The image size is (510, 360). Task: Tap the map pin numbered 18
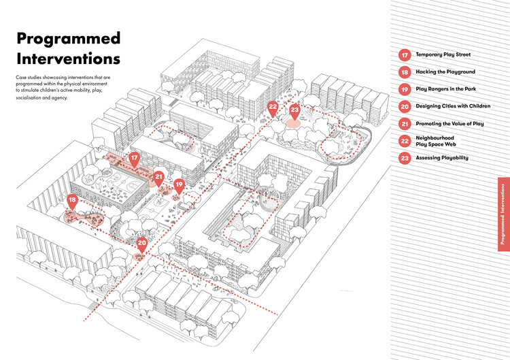click(x=72, y=201)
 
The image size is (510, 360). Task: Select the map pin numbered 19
click(x=179, y=184)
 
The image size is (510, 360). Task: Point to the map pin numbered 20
click(x=142, y=243)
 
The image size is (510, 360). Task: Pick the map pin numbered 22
click(x=273, y=108)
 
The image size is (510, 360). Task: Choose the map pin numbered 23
click(x=294, y=110)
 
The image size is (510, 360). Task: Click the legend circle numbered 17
click(x=404, y=54)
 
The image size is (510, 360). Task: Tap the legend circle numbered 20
click(x=404, y=106)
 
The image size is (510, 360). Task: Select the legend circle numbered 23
click(x=404, y=159)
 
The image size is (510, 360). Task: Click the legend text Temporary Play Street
click(x=443, y=54)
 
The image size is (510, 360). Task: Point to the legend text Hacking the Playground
click(x=445, y=71)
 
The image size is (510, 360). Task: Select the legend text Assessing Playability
click(x=442, y=159)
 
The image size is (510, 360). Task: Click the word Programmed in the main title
click(x=68, y=39)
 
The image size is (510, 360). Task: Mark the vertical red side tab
click(x=503, y=211)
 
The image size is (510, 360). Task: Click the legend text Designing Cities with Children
click(x=453, y=106)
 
